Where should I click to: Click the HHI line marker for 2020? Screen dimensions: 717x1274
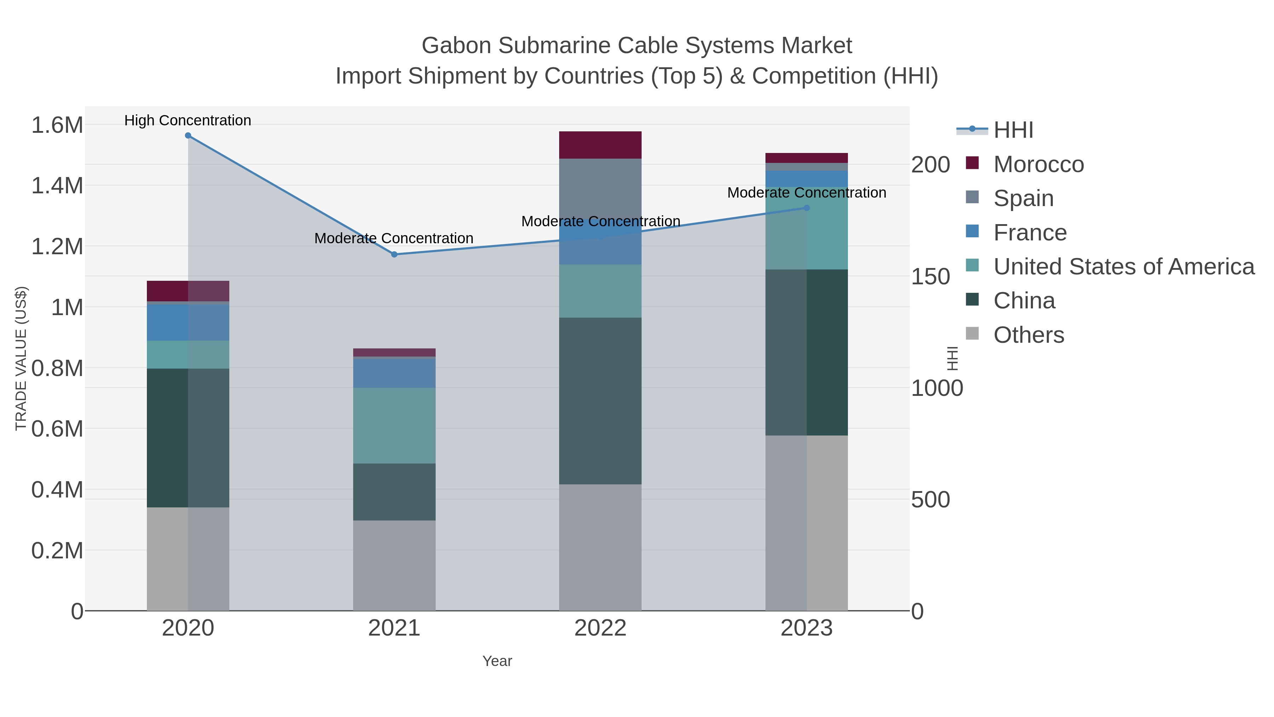[188, 136]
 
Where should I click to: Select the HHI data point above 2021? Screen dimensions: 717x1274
[394, 254]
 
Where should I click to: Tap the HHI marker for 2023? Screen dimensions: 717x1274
[807, 208]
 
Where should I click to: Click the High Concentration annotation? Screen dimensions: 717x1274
[188, 120]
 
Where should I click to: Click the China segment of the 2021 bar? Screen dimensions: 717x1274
[394, 491]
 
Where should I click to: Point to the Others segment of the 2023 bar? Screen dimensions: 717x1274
[807, 523]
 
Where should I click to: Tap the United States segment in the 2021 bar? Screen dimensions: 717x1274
[394, 426]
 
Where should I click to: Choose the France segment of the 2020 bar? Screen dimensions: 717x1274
[188, 322]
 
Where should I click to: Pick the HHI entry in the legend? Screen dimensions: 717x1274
[1013, 130]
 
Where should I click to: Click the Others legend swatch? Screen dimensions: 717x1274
[972, 334]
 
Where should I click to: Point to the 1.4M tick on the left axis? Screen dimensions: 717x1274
[57, 186]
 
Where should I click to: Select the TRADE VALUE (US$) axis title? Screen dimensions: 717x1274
[21, 358]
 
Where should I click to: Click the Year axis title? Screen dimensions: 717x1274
[497, 661]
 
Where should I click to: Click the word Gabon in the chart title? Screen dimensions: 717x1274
[456, 46]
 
